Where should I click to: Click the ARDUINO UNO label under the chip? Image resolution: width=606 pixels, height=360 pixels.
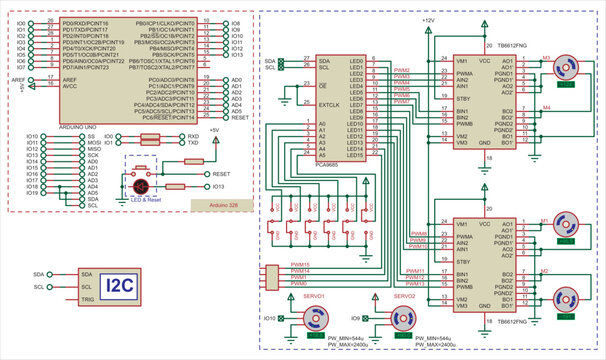pos(76,126)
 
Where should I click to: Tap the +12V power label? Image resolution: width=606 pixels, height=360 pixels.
pos(428,20)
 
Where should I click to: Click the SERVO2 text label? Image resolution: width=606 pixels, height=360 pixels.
pos(404,296)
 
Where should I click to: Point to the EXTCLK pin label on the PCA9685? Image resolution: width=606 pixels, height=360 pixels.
pos(331,103)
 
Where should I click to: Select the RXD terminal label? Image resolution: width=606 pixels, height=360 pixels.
pos(193,135)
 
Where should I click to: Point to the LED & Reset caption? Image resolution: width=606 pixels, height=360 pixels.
pos(145,200)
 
